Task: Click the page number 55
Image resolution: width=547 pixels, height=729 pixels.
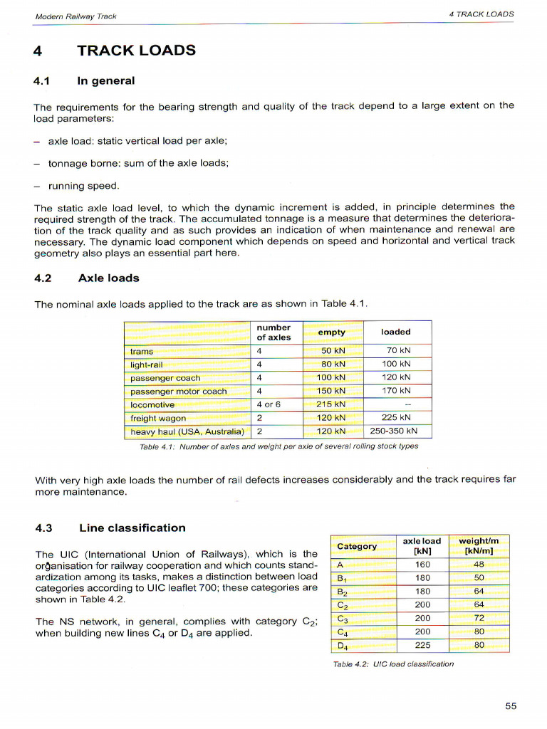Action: (x=511, y=706)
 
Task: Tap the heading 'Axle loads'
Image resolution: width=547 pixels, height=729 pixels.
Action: (x=108, y=278)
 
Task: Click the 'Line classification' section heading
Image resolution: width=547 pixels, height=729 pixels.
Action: (x=132, y=528)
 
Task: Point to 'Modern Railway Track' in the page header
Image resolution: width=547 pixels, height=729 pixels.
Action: (x=75, y=16)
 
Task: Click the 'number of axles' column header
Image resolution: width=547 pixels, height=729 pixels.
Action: (x=273, y=332)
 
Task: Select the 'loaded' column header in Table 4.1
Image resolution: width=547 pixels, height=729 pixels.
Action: (x=395, y=332)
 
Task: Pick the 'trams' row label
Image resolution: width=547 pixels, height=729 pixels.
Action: (x=142, y=352)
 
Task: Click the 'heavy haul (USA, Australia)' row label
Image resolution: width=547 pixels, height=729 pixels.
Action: (x=187, y=431)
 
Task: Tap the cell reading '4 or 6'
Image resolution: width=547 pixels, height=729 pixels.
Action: (x=269, y=404)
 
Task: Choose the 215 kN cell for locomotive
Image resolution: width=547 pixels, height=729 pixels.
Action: (x=330, y=404)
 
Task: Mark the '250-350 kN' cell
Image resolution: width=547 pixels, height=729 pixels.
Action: (x=394, y=431)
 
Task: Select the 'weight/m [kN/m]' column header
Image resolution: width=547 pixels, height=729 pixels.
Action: (x=479, y=545)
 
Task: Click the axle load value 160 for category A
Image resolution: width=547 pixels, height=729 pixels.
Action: (x=422, y=565)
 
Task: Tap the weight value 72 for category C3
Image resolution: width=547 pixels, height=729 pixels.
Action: (x=479, y=618)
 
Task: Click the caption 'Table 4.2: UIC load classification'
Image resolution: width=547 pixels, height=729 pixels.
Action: (x=393, y=664)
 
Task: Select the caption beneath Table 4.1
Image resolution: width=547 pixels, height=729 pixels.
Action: (x=279, y=446)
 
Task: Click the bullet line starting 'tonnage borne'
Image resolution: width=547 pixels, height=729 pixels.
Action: (x=138, y=163)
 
